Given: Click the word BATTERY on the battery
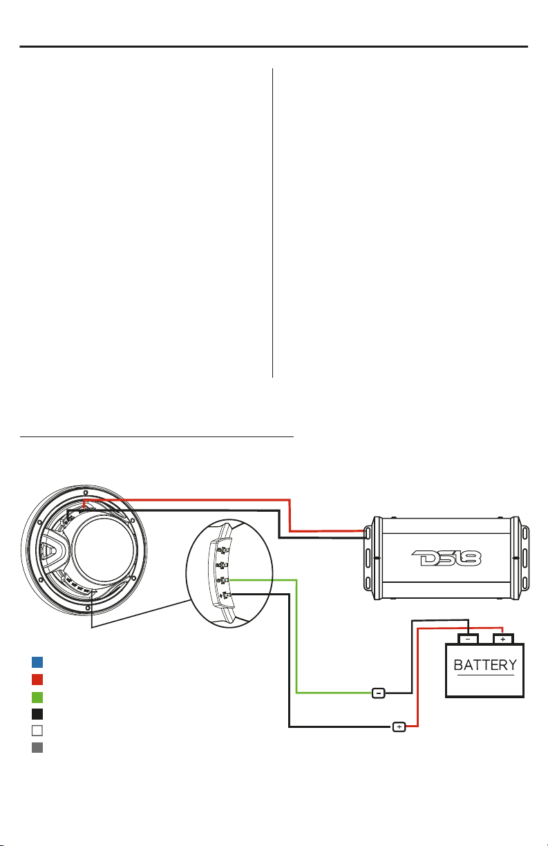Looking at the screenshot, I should pyautogui.click(x=484, y=666).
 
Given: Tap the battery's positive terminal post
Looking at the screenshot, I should pyautogui.click(x=502, y=639).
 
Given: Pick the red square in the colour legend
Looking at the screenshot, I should pyautogui.click(x=37, y=678).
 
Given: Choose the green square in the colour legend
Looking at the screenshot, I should pyautogui.click(x=37, y=695).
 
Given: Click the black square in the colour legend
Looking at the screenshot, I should pyautogui.click(x=37, y=713).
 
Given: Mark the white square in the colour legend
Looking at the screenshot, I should pyautogui.click(x=37, y=730).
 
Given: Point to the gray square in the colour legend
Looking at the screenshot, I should pyautogui.click(x=37, y=747).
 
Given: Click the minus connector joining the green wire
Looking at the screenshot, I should pyautogui.click(x=379, y=692).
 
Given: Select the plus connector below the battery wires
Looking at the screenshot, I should pyautogui.click(x=399, y=727).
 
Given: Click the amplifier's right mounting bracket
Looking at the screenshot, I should pyautogui.click(x=525, y=557).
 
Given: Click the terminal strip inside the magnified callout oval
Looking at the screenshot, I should pyautogui.click(x=223, y=574).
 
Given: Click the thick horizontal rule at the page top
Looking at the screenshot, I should pyautogui.click(x=274, y=48).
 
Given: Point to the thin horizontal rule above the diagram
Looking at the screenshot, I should pyautogui.click(x=157, y=436).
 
